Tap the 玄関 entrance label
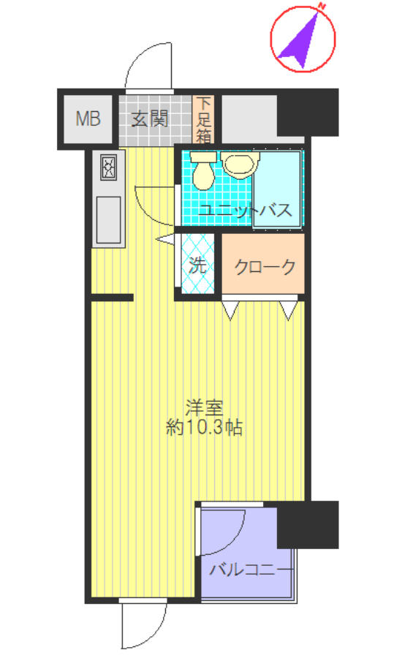149,118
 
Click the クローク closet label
265,266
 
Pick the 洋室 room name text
204,406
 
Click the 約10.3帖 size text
204,428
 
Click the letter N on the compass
321,7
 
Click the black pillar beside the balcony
308,524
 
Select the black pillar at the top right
308,112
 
